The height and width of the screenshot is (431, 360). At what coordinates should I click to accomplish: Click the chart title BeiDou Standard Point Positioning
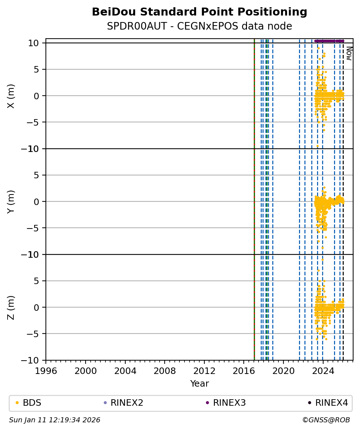[x=199, y=12]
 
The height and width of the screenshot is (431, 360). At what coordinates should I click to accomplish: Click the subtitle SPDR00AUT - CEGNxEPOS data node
[x=199, y=26]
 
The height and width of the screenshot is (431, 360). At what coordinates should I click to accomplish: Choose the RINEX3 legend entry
[x=229, y=403]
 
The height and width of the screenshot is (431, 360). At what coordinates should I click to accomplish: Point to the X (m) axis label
[x=11, y=96]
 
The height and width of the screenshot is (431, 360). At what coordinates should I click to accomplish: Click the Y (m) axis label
[x=11, y=201]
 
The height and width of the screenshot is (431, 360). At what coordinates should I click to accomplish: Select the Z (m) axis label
[x=11, y=307]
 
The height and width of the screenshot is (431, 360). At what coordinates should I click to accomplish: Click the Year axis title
[x=199, y=384]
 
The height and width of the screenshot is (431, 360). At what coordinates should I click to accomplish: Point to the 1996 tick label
[x=46, y=370]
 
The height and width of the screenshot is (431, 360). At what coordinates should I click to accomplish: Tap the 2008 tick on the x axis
[x=165, y=370]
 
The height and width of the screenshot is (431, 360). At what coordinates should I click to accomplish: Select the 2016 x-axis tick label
[x=244, y=370]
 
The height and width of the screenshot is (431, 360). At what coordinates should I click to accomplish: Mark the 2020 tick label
[x=283, y=370]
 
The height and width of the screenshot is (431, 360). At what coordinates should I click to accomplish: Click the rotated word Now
[x=349, y=53]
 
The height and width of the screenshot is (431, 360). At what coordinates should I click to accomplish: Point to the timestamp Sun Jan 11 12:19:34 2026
[x=55, y=420]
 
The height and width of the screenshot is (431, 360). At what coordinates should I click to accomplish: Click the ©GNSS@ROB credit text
[x=326, y=420]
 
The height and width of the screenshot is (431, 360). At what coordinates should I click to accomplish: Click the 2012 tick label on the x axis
[x=204, y=370]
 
